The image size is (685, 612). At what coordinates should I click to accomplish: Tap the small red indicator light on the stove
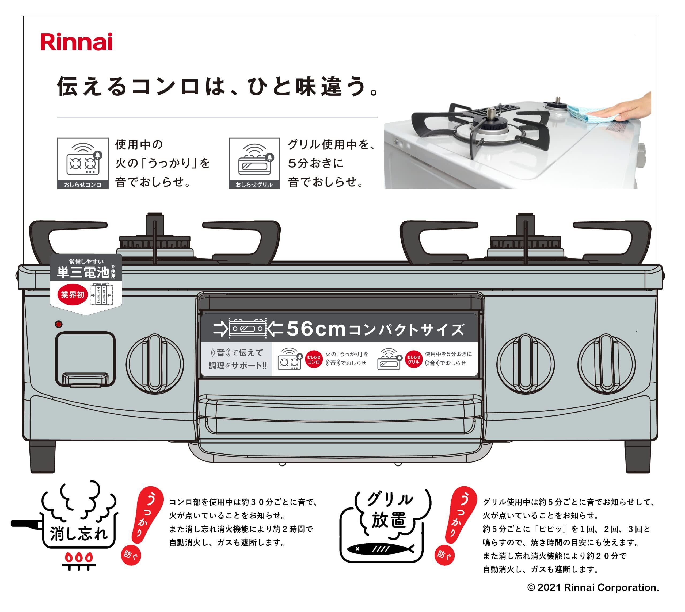pos(59,324)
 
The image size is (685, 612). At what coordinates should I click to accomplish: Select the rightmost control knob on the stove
pos(607,364)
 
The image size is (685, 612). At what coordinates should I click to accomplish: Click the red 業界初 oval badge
pos(72,295)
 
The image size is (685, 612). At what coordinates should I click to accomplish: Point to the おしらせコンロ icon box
pos(83,163)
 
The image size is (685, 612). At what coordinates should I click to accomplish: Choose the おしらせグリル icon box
pos(254,163)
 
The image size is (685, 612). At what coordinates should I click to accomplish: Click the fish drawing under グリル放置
pos(380,549)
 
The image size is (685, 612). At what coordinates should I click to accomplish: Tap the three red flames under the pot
pos(79,557)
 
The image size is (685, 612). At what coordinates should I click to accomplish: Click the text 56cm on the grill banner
pos(316,329)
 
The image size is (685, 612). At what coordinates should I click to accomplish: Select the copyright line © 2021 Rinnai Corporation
pos(593,587)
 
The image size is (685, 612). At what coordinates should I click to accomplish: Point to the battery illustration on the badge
pos(101,295)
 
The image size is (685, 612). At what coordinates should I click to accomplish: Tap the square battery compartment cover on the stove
pos(85,359)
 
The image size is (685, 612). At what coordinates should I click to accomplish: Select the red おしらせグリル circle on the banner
pos(413,359)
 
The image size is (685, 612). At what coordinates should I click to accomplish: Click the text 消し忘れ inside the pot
pos(79,534)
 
